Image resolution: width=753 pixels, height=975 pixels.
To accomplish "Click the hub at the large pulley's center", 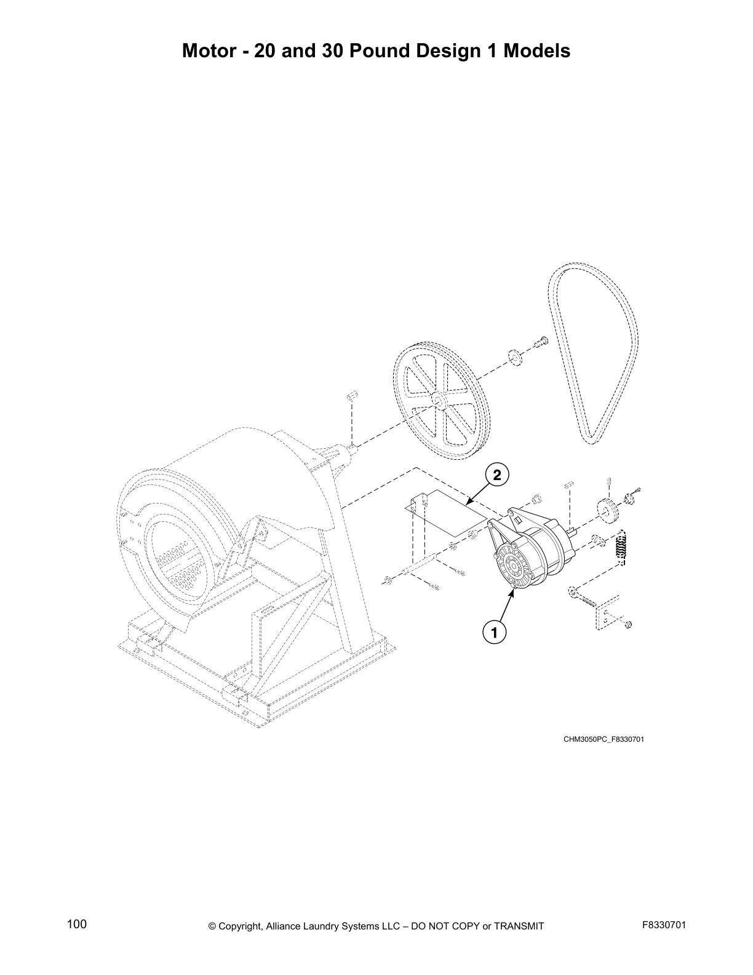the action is [439, 400].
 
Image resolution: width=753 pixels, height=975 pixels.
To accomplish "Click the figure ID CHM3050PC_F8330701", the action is [603, 739].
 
